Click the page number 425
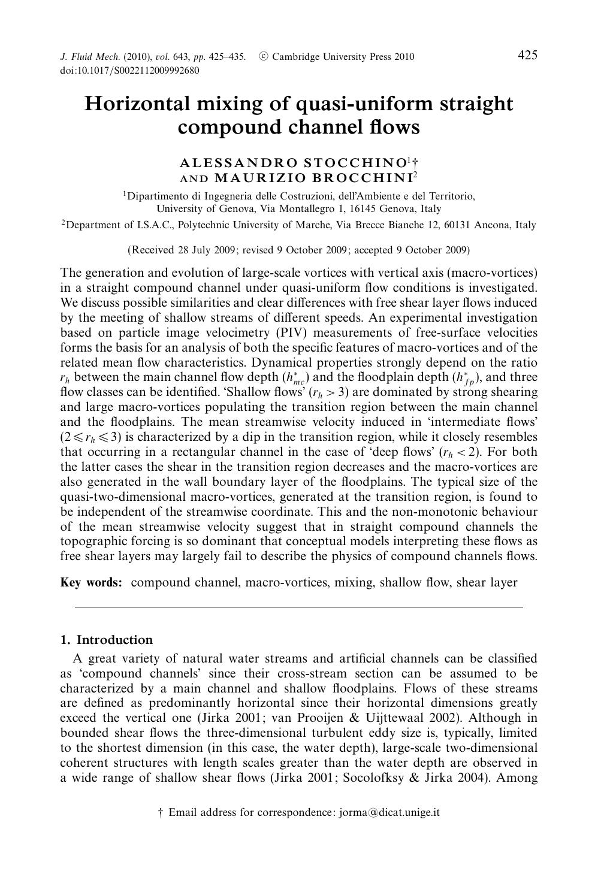pos(527,55)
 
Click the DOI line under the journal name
pos(129,71)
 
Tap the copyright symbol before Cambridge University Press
pos(263,57)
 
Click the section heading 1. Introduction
pos(107,639)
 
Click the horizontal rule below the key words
pos(298,607)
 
